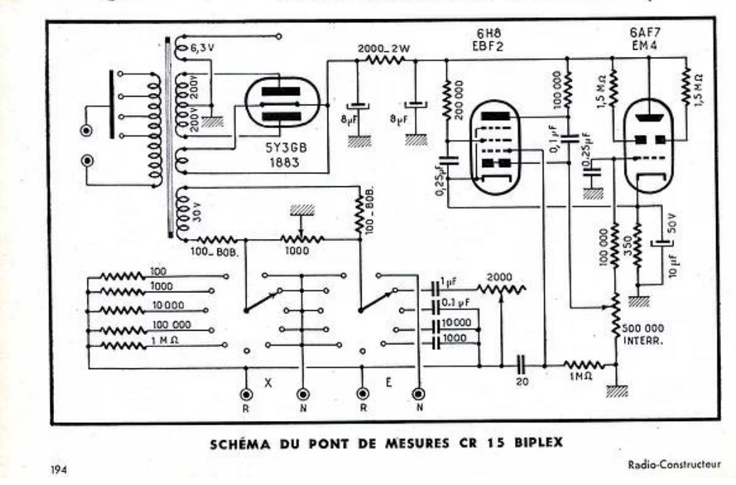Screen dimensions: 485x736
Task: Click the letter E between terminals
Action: [389, 381]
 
